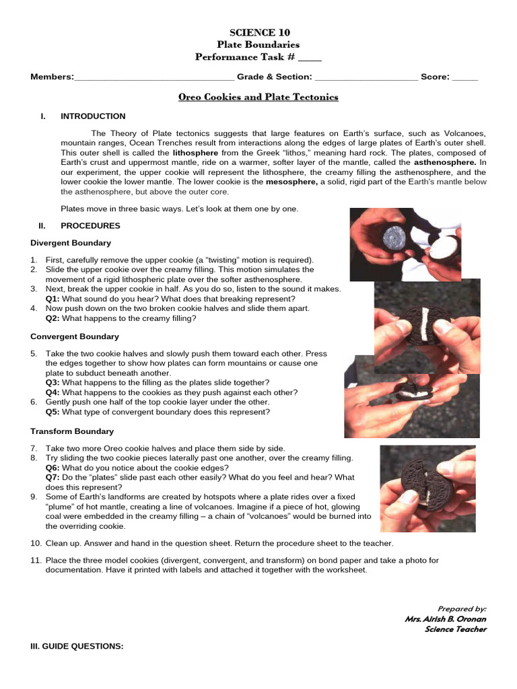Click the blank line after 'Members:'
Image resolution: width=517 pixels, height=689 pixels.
click(154, 77)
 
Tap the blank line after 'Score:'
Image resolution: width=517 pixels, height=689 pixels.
click(464, 77)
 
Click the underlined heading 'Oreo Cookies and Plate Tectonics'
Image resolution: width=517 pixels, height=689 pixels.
click(258, 97)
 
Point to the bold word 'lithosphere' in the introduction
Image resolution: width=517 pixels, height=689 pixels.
click(195, 153)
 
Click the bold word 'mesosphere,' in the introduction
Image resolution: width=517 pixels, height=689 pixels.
click(292, 182)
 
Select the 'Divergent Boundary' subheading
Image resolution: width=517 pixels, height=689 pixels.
click(71, 243)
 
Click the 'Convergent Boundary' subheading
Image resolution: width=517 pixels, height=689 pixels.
click(75, 336)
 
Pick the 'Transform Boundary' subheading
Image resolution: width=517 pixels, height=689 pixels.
click(72, 431)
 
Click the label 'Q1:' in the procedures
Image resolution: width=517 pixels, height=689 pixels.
click(53, 299)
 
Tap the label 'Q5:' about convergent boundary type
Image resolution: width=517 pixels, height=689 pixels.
click(53, 412)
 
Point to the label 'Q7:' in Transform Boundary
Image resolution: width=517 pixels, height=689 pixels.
click(53, 478)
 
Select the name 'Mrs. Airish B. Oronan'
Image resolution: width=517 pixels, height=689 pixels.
click(445, 619)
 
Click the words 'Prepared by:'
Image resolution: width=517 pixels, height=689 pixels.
click(462, 608)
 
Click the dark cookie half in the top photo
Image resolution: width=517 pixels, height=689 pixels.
click(393, 236)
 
